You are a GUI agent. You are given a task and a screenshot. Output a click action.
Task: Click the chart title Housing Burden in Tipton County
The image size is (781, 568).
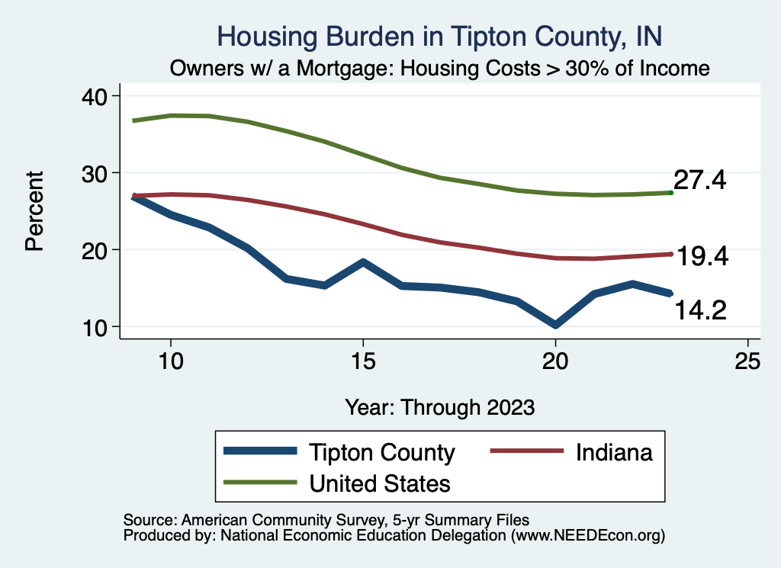(x=440, y=36)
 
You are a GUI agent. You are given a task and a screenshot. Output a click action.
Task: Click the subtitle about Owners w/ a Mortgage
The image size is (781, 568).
(x=440, y=69)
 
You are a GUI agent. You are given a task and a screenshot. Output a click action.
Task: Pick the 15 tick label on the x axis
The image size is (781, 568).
(x=363, y=361)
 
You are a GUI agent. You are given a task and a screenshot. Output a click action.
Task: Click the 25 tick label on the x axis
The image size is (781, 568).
(x=747, y=361)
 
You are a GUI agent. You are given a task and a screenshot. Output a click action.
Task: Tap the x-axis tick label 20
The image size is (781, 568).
(x=555, y=361)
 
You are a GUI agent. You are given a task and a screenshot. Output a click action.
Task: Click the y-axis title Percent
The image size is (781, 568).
(x=34, y=211)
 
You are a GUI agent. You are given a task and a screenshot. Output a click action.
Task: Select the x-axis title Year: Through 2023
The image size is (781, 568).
(x=440, y=406)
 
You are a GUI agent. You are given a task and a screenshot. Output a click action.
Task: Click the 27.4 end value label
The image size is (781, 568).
(x=699, y=181)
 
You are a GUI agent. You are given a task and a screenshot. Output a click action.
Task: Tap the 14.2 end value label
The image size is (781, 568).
(x=699, y=310)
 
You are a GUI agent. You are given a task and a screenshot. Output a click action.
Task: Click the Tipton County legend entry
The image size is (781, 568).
(x=381, y=452)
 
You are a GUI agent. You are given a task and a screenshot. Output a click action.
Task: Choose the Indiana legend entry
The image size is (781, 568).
(x=614, y=452)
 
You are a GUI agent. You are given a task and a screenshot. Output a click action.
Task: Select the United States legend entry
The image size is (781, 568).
(x=379, y=483)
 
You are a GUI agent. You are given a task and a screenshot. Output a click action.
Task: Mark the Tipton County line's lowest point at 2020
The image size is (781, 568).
(x=555, y=326)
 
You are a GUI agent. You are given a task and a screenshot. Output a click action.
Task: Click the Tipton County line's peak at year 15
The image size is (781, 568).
(x=363, y=262)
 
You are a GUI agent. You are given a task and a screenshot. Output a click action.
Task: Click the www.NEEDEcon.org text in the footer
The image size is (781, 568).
(x=588, y=537)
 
